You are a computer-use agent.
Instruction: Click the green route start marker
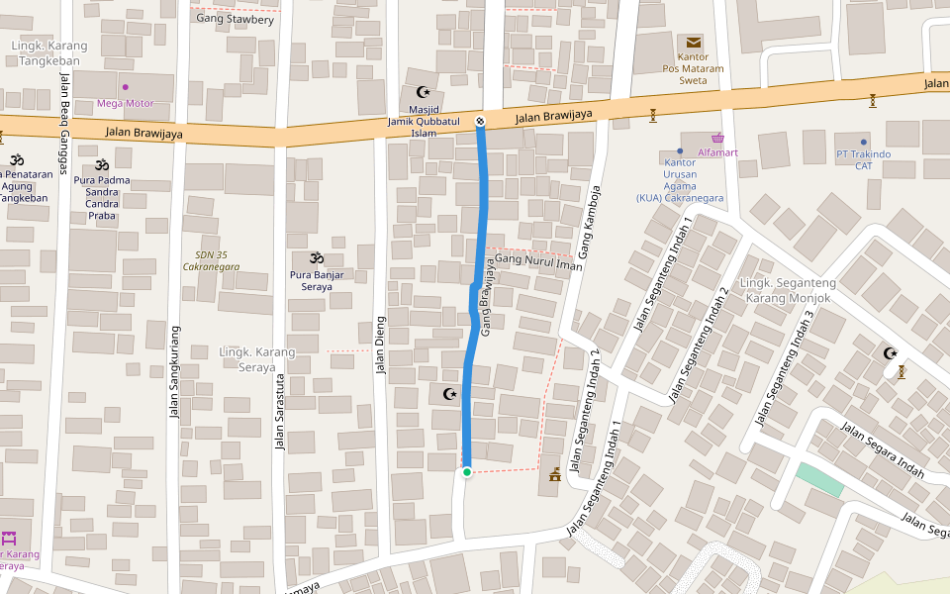(x=467, y=472)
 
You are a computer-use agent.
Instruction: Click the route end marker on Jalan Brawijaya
(x=481, y=121)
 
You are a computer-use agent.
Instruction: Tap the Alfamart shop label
(x=717, y=152)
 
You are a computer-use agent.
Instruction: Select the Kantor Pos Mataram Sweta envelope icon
(x=693, y=43)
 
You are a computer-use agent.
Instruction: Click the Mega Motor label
(x=126, y=102)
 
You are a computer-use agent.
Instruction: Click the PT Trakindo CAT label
(x=863, y=159)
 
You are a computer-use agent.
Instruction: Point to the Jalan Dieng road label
(x=380, y=345)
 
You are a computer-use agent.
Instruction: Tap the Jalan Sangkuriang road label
(x=175, y=371)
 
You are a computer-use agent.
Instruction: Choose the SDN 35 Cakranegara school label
(x=210, y=260)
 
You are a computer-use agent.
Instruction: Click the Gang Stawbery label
(x=235, y=18)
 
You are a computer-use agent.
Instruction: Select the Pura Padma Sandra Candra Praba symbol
(x=101, y=164)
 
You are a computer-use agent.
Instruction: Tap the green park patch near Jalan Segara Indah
(x=820, y=480)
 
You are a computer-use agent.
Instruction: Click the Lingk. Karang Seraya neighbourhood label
(x=256, y=359)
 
